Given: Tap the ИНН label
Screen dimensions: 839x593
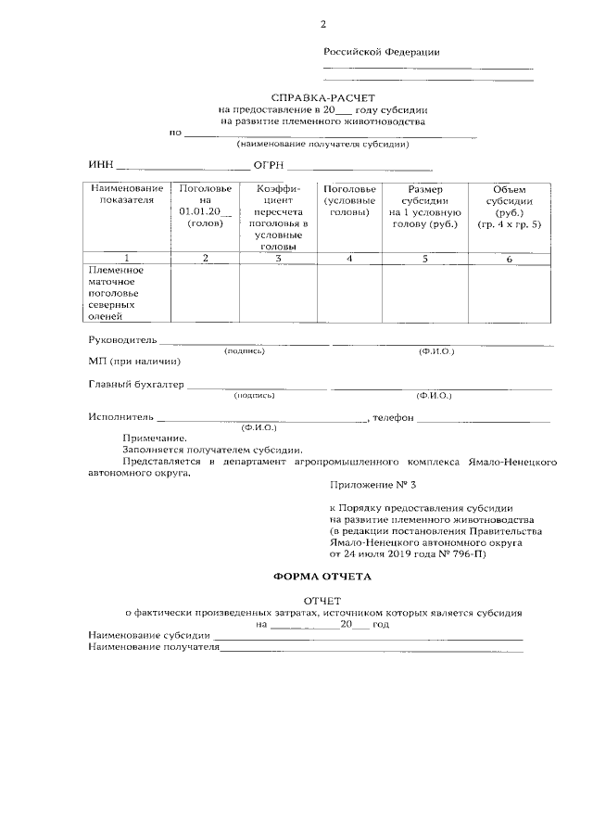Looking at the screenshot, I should (x=100, y=167).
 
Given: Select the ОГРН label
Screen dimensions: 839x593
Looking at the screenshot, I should (x=270, y=167).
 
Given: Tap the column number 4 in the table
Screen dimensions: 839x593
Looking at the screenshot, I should (x=349, y=259).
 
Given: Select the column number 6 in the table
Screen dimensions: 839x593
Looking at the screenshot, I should (x=509, y=259).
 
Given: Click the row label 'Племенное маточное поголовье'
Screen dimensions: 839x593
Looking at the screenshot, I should (x=116, y=292).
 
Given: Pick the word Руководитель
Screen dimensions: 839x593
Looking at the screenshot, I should (x=122, y=341).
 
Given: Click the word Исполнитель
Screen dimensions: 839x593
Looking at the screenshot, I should (x=120, y=418).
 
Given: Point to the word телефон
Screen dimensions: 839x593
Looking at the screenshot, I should (x=393, y=418).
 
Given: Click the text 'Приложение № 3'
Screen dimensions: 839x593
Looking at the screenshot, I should (x=367, y=484).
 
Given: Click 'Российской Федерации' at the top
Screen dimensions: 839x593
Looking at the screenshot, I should (x=381, y=52).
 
